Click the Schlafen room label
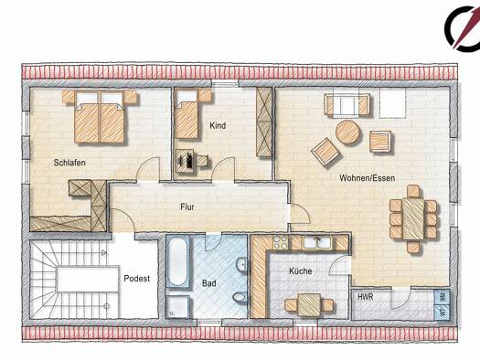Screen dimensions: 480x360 point(69,163)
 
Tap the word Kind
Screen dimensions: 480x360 point(218,125)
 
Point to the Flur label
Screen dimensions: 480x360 point(187,207)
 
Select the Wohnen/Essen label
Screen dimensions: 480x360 point(367,177)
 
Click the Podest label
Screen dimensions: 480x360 point(137,279)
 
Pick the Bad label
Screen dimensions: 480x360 point(209,283)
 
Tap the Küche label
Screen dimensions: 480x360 point(301,271)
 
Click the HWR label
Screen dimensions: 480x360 point(366,297)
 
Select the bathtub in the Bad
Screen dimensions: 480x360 point(177,261)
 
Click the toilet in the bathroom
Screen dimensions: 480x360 point(240,297)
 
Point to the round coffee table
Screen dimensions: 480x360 point(347,132)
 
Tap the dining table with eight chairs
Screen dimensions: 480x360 point(413,219)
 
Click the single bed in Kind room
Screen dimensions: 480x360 point(187,115)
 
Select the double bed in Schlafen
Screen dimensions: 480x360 point(100,117)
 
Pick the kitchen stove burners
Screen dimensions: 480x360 point(280,242)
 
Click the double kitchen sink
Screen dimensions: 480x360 point(317,242)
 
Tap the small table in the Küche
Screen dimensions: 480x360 point(309,304)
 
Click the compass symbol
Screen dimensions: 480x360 point(463,28)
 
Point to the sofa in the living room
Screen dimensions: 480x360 point(347,106)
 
